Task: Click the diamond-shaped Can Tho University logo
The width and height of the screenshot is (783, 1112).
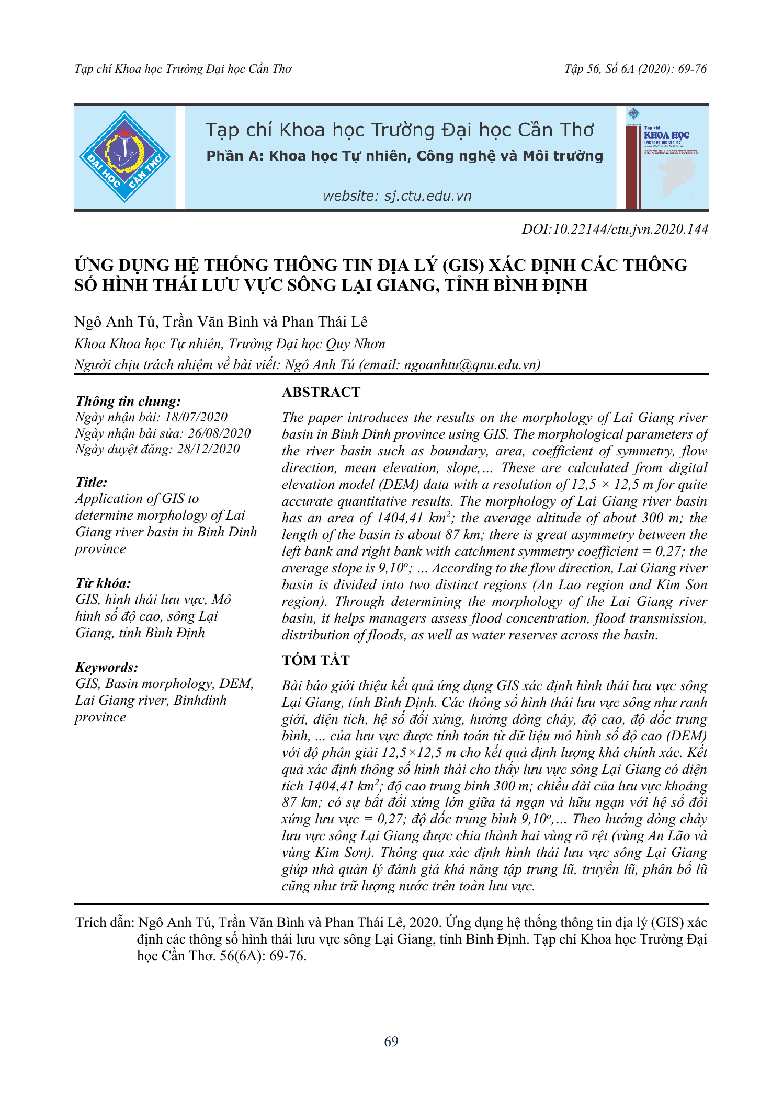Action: click(x=124, y=157)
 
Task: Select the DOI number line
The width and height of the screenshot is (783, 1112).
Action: click(x=615, y=229)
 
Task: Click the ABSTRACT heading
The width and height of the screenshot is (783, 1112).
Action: click(x=321, y=392)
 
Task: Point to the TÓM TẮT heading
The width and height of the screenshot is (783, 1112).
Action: click(x=315, y=660)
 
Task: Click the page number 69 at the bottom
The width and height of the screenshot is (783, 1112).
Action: click(x=391, y=1041)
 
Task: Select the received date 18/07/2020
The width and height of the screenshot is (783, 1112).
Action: click(x=196, y=417)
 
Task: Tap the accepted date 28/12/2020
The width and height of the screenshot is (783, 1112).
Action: click(x=208, y=449)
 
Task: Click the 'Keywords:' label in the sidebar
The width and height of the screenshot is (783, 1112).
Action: click(x=107, y=667)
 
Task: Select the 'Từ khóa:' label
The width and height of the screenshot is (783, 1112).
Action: click(x=103, y=583)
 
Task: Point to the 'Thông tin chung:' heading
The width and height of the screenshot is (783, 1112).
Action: click(x=128, y=401)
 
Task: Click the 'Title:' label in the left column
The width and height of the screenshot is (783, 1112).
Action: click(x=91, y=482)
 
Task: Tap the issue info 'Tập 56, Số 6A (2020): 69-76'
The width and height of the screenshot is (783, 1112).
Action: click(x=636, y=69)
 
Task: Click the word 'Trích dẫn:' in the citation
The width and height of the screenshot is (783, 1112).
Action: click(x=105, y=922)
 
